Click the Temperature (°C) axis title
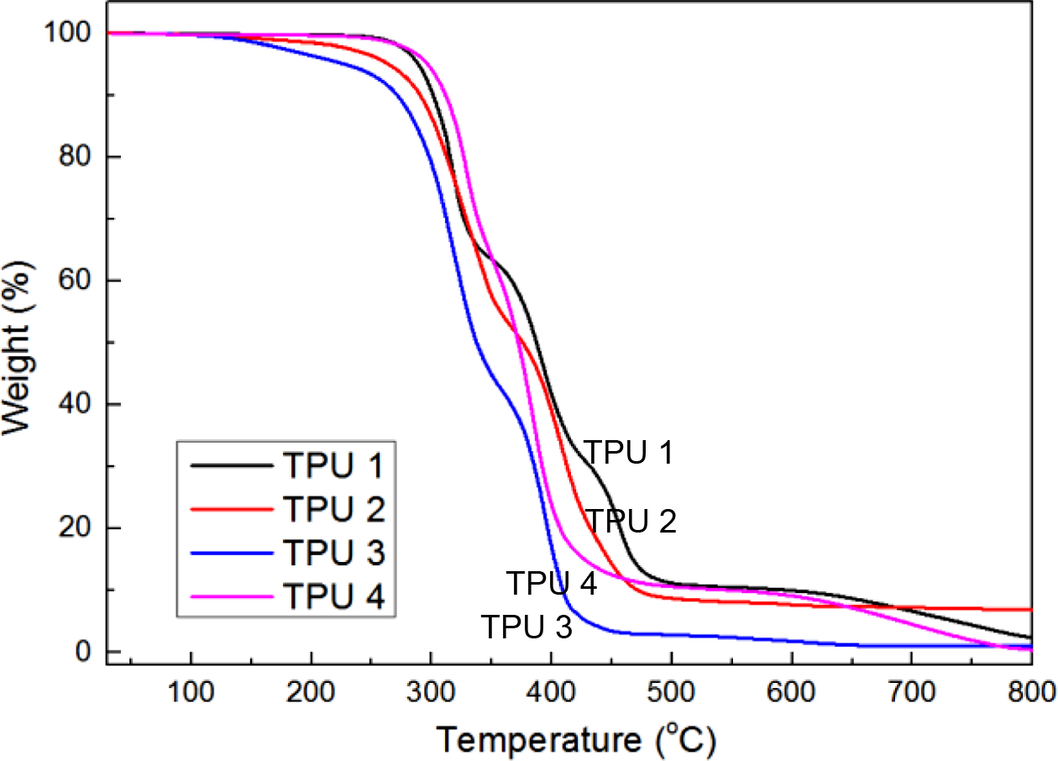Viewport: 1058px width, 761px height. [576, 740]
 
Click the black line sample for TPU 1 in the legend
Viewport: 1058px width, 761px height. [232, 464]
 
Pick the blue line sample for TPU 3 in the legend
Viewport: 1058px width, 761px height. [232, 553]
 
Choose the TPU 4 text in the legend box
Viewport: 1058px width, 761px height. [333, 597]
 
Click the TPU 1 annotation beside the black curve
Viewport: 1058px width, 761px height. [629, 453]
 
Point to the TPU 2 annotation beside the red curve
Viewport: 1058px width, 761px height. [631, 522]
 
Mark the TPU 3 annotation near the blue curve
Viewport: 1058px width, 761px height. [526, 627]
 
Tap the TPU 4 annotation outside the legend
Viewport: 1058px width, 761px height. [552, 583]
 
